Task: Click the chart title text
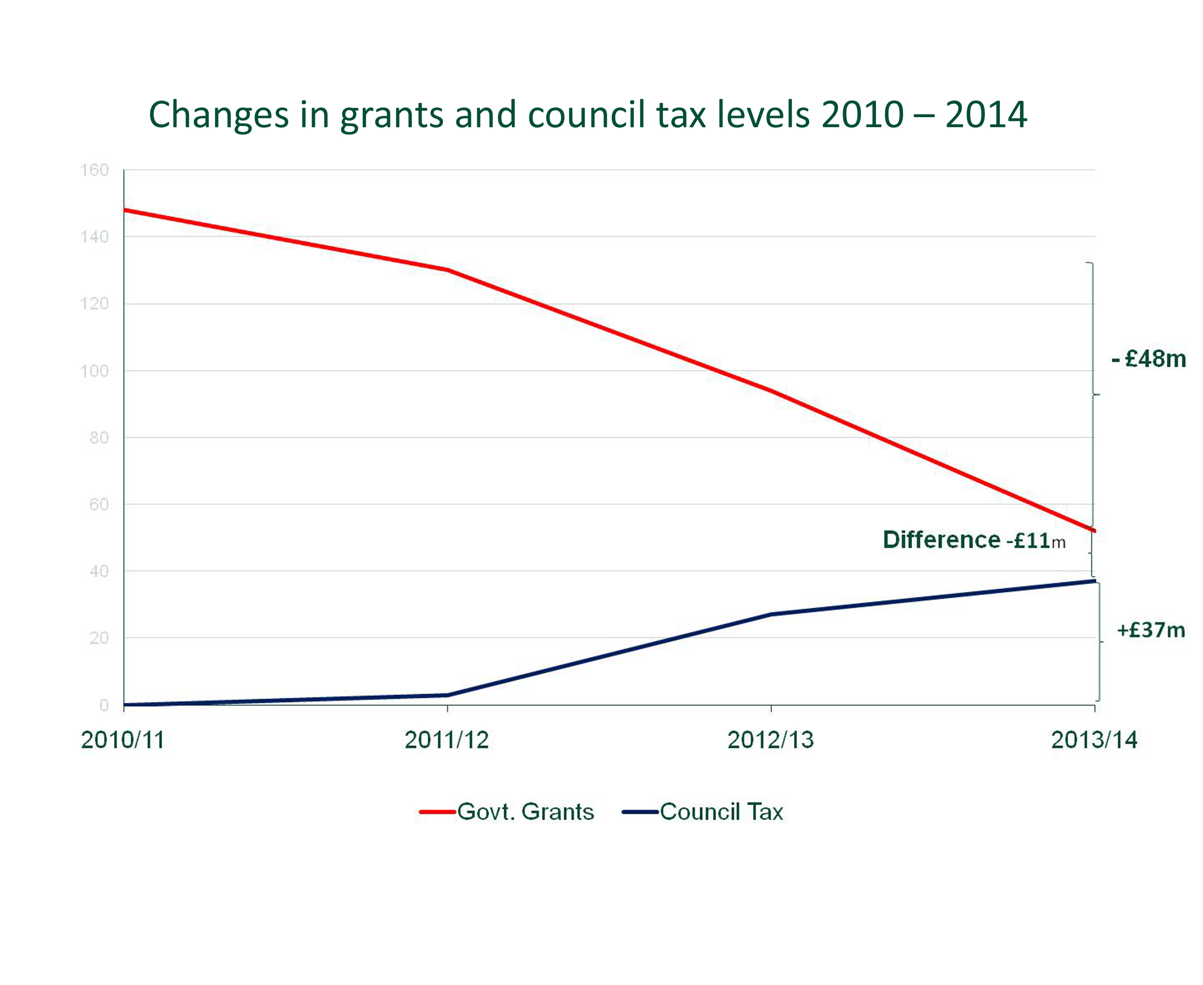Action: [587, 115]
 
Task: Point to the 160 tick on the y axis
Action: [94, 170]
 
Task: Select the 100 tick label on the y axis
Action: [94, 371]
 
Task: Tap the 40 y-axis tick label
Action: [99, 571]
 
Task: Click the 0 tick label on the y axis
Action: [104, 705]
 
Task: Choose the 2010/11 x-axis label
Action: [123, 740]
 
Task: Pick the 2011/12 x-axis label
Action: [447, 740]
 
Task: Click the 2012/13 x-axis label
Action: [770, 740]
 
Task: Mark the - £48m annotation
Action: [1148, 359]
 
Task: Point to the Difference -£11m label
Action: [974, 540]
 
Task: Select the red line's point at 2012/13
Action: [771, 390]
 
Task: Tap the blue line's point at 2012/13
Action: [771, 614]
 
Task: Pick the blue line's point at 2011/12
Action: [448, 695]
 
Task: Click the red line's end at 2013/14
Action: [1093, 530]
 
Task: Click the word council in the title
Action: [587, 115]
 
